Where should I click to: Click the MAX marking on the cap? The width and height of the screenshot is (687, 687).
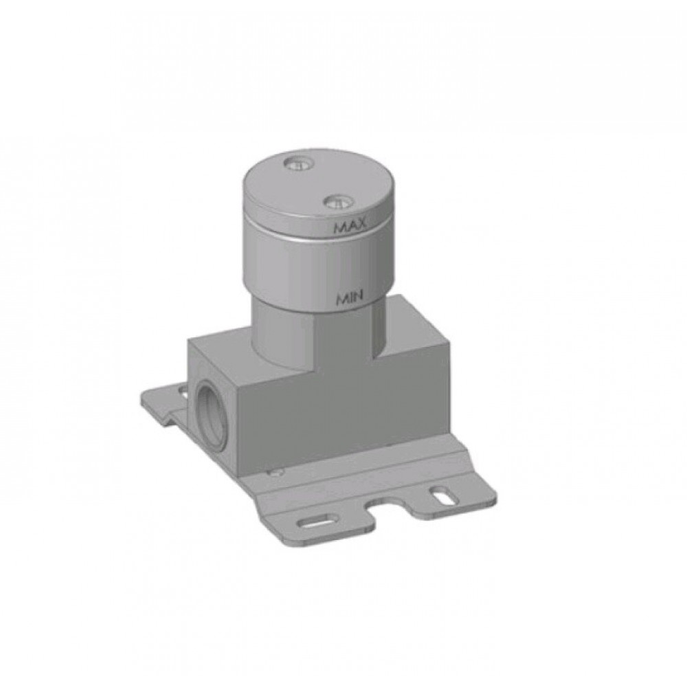(350, 228)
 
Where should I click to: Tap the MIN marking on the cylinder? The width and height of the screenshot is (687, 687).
(350, 298)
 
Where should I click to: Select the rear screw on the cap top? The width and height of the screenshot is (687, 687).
(299, 165)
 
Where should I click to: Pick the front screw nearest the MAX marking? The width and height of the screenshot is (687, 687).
(339, 202)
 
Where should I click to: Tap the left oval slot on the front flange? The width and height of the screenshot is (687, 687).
(316, 523)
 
